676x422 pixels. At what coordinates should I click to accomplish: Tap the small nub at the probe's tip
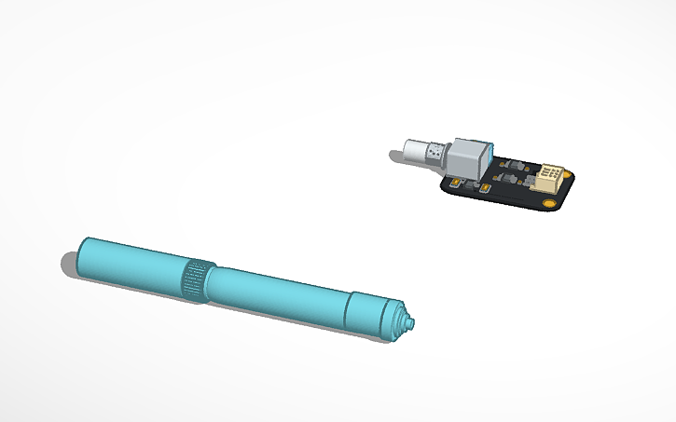[x=411, y=322]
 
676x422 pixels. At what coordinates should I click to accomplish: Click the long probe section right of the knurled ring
[x=275, y=296]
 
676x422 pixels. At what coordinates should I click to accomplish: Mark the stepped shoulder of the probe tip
[x=400, y=320]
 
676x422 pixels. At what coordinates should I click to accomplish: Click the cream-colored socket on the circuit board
[x=551, y=177]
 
